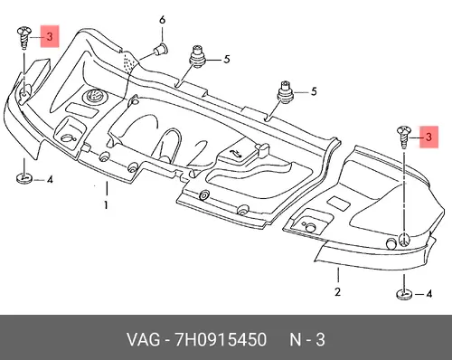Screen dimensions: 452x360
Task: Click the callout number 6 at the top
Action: (x=162, y=20)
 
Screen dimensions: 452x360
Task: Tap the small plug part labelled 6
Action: (x=162, y=50)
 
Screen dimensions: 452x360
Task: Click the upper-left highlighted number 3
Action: (x=50, y=36)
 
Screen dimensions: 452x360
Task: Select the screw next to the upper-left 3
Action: (x=24, y=37)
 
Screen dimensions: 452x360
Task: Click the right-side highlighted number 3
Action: (x=428, y=137)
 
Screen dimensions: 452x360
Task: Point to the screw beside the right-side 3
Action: (x=404, y=137)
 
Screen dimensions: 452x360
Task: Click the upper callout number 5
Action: (x=227, y=59)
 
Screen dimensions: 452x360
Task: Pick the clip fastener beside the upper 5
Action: (x=197, y=56)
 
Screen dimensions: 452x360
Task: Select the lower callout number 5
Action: (x=314, y=91)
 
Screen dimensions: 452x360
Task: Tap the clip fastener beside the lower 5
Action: (x=285, y=91)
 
